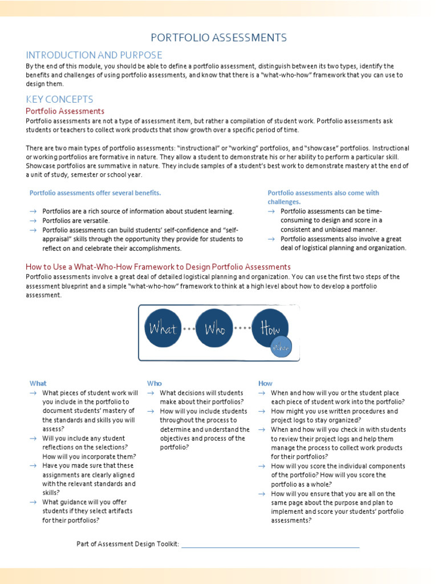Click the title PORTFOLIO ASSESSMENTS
tap(218, 38)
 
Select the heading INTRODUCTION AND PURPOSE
tap(94, 55)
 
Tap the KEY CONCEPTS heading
tap(59, 99)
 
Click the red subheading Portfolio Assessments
tap(65, 111)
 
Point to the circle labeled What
tap(163, 328)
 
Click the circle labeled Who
tap(214, 328)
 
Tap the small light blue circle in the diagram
tap(281, 347)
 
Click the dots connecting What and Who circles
tap(189, 329)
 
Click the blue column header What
tap(38, 383)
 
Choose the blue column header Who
tap(154, 383)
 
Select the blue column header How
tap(265, 383)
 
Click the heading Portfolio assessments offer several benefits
tap(95, 193)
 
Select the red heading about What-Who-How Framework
tap(158, 266)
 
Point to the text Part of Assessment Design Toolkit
tap(128, 544)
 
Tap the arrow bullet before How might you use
tap(261, 411)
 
